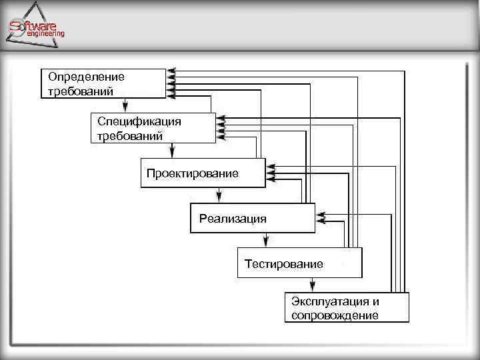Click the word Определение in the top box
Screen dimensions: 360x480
pos(86,77)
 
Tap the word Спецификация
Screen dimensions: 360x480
pos(139,121)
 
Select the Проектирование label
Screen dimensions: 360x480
pos(192,173)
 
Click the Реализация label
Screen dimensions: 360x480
pos(233,219)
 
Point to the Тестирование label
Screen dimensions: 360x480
pos(283,264)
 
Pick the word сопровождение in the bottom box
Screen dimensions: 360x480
pos(335,316)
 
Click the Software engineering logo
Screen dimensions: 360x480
pos(37,29)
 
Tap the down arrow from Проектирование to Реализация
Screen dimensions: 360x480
pos(219,194)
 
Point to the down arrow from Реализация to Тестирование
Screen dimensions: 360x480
pos(266,240)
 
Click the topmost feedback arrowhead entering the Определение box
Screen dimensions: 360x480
pos(171,71)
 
